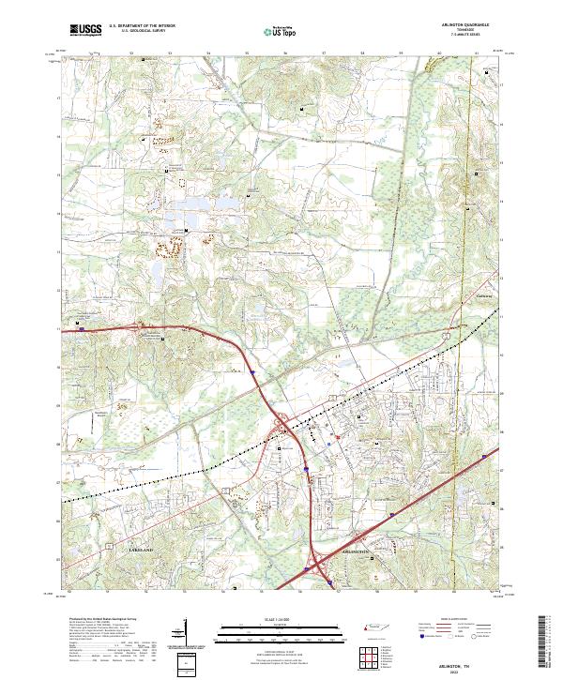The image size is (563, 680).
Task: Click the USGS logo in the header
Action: [85, 31]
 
